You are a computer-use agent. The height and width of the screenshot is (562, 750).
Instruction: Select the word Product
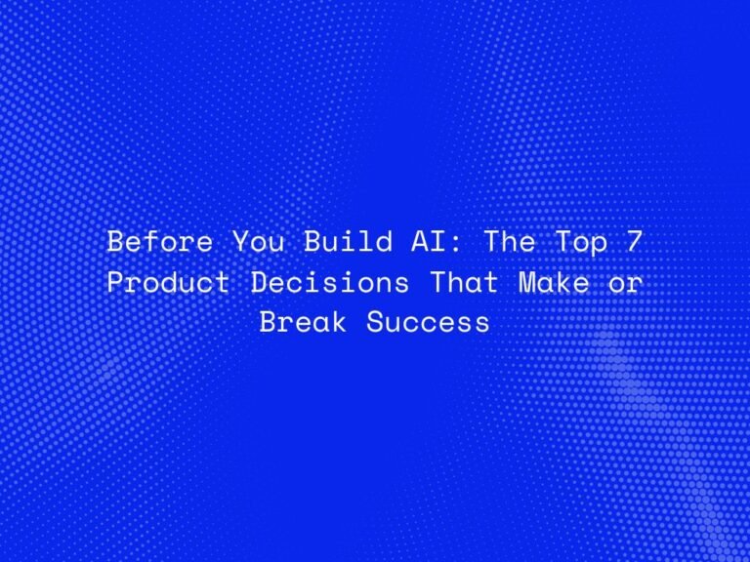(168, 282)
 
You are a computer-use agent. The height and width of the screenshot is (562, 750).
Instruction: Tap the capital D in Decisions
(261, 282)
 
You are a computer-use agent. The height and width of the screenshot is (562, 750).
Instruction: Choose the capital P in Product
(114, 282)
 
